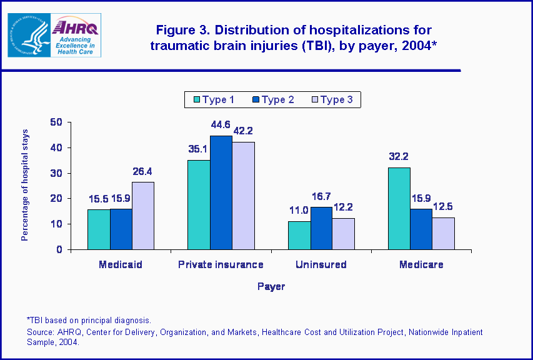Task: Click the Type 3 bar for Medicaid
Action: (142, 216)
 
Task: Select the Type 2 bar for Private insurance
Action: (221, 192)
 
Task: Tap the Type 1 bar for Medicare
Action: (399, 208)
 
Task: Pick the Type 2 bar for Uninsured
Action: (321, 228)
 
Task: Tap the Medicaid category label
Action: (121, 264)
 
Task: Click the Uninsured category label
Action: (321, 264)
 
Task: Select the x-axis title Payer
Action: (271, 286)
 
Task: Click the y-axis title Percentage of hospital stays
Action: (25, 186)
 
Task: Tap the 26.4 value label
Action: (143, 171)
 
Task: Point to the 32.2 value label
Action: (399, 156)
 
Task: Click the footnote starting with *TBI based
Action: (89, 320)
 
